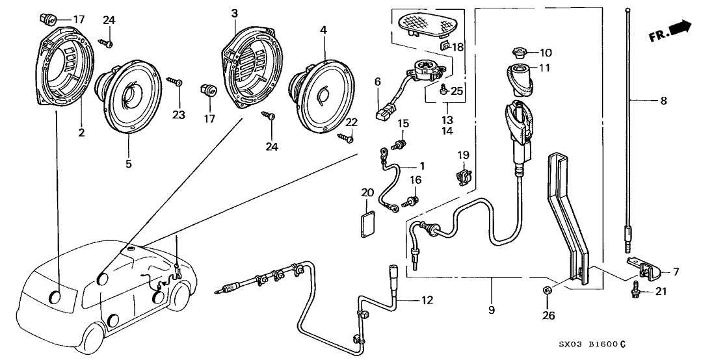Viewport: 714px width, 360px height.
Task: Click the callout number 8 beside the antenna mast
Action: tap(663, 101)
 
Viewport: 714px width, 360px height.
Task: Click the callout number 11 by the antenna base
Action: tap(545, 67)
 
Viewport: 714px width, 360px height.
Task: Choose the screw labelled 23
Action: tap(176, 83)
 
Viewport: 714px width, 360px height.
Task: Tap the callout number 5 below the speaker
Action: tap(129, 164)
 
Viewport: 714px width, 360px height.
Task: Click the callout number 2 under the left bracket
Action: tap(82, 133)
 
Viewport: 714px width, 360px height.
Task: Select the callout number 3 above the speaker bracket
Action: tap(234, 14)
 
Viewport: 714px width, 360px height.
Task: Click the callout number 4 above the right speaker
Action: tap(323, 31)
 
